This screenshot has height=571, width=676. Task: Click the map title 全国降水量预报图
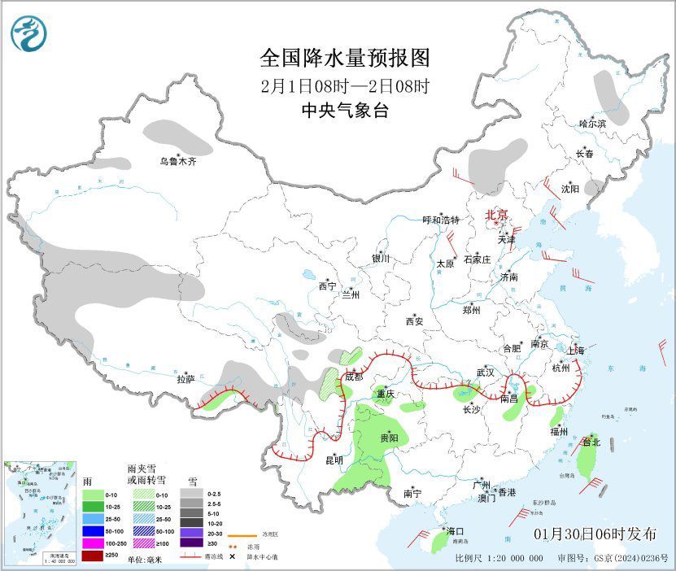344,58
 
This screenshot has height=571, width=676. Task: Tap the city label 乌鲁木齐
177,162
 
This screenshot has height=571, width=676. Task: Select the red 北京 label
496,215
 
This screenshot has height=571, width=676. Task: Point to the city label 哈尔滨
592,124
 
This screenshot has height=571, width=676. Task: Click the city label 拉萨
185,378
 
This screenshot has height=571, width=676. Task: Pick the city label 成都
353,377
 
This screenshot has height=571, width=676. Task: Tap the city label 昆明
334,460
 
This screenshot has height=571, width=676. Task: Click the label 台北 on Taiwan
591,442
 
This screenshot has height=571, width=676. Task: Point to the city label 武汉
486,372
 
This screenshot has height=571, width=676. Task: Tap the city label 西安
414,321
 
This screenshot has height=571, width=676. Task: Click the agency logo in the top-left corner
28,32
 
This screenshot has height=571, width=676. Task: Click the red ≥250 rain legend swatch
93,555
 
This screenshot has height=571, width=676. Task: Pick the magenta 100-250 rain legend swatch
93,542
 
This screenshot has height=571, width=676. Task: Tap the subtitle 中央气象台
344,111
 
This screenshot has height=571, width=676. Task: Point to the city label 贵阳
389,438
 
